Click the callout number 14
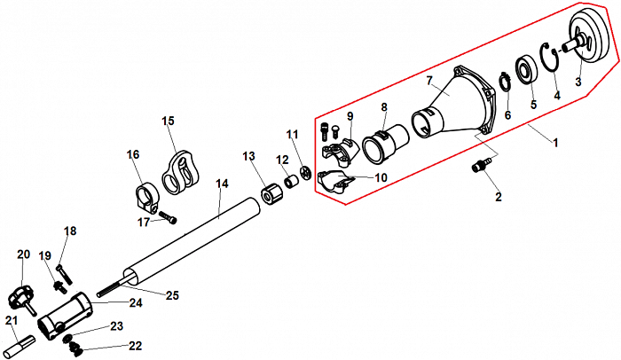[222, 184]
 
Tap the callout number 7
[429, 82]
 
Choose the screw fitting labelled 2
[483, 164]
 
